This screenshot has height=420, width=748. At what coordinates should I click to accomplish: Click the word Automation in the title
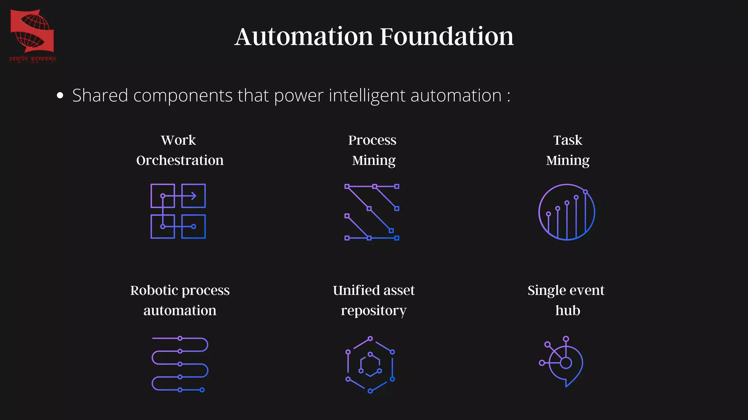coord(304,36)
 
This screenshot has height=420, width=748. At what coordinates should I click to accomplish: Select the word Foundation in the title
coord(447,36)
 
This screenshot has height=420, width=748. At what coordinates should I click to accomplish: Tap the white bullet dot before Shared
coord(60,96)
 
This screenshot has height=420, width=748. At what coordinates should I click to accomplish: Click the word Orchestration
coord(180,160)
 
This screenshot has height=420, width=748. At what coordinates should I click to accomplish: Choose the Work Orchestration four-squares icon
coord(178,211)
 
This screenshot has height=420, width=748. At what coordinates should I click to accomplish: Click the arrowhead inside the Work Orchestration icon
coord(194,196)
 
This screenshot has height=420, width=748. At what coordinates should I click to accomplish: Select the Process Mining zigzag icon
coord(372,212)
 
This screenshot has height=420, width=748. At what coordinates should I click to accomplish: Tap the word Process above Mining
coord(372,140)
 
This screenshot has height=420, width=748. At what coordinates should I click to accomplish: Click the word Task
coord(567,140)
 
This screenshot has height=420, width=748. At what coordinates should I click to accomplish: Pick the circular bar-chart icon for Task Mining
coord(567,212)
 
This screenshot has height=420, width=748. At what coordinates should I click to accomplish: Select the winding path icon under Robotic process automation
coord(179,364)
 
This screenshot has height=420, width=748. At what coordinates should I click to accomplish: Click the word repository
coord(373,311)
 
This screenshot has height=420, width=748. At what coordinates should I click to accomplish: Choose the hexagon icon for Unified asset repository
coord(370,365)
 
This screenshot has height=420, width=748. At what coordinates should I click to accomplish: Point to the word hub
coord(568,311)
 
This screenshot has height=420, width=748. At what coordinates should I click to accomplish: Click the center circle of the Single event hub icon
coord(566,363)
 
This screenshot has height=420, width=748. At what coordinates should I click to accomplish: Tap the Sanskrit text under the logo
coord(33,59)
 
